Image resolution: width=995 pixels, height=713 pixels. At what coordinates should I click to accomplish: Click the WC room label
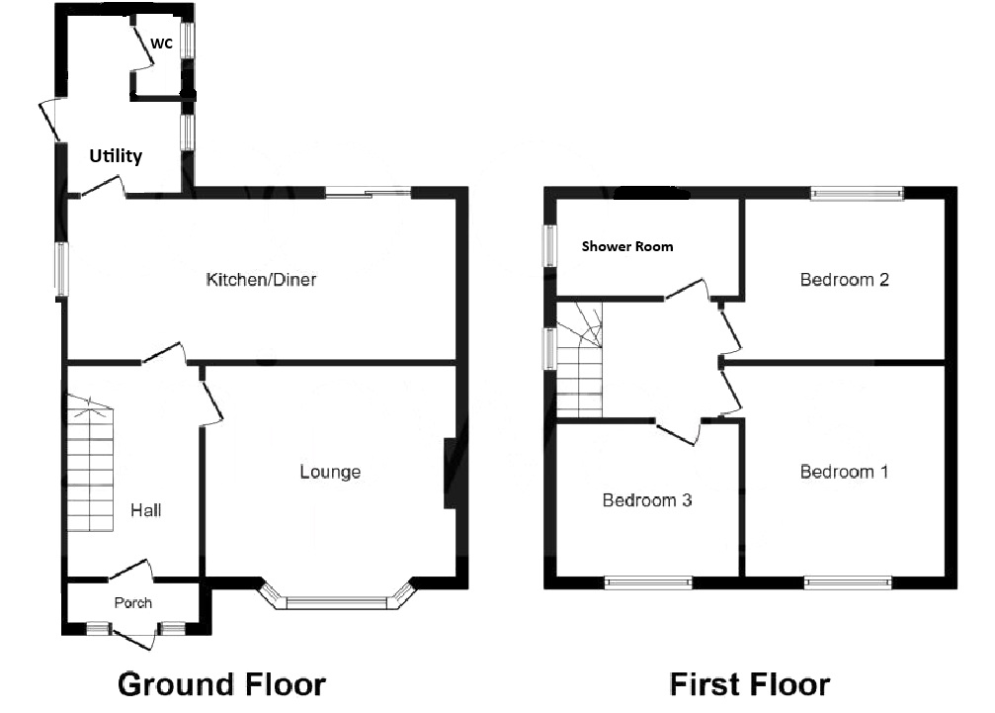[161, 44]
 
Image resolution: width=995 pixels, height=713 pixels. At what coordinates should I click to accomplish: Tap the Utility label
[116, 155]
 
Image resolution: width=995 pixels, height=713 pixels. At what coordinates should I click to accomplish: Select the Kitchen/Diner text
[261, 279]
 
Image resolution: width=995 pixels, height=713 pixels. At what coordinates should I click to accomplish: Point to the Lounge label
[330, 472]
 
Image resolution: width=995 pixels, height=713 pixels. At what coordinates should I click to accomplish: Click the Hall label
[146, 510]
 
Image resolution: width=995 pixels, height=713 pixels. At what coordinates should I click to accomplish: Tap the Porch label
[133, 602]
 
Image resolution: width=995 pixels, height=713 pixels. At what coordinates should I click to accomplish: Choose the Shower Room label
[627, 246]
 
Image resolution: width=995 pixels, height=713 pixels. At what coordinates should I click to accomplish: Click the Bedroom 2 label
[845, 279]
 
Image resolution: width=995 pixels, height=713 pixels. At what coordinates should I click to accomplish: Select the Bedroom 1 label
[844, 472]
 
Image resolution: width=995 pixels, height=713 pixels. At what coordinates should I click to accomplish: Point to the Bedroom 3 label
[647, 500]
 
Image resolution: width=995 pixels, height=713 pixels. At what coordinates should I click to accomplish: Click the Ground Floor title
[221, 684]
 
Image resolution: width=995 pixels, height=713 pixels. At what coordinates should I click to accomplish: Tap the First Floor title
[750, 684]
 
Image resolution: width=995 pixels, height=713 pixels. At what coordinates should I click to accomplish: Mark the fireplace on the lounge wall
[450, 473]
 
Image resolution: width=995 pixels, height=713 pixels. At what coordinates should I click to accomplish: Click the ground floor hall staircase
[90, 464]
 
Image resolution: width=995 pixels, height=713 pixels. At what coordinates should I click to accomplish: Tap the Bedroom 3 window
[648, 582]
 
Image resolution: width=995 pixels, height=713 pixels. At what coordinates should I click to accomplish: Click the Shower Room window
[549, 245]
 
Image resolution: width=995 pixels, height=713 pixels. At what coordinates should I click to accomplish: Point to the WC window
[188, 41]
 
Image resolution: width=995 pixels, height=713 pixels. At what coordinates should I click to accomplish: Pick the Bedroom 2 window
[857, 193]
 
